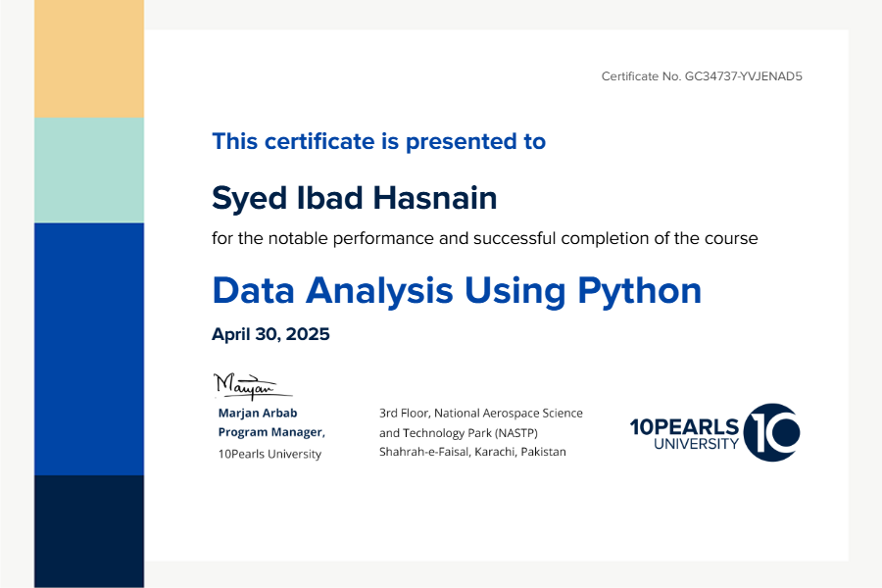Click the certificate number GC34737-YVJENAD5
[x=743, y=76]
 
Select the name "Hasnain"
[x=435, y=198]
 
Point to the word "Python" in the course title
[x=640, y=292]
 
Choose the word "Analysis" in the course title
[x=379, y=292]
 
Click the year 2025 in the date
[x=308, y=334]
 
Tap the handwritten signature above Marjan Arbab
[x=252, y=386]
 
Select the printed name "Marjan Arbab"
[x=258, y=413]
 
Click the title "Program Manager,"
[x=271, y=432]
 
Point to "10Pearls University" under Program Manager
[x=269, y=454]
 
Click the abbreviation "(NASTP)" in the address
[x=516, y=433]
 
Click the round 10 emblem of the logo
[x=772, y=432]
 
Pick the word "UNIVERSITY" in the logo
[x=697, y=444]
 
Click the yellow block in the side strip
[x=89, y=59]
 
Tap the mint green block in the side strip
[x=89, y=170]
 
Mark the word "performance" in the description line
[x=383, y=239]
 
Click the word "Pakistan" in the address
[x=543, y=452]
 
